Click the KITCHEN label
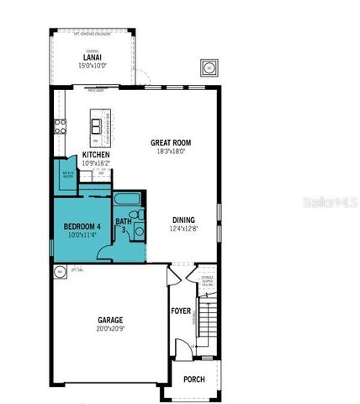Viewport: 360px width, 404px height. click(96, 154)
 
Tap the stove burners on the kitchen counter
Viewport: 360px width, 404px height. click(61, 127)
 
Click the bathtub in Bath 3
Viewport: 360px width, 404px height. click(128, 200)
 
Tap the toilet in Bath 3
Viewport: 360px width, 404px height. click(140, 233)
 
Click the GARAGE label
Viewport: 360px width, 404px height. click(110, 321)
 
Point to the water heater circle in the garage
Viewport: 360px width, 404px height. click(61, 272)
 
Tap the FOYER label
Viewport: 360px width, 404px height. click(181, 311)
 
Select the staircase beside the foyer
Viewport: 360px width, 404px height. click(209, 315)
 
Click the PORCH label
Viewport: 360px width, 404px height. click(193, 380)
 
